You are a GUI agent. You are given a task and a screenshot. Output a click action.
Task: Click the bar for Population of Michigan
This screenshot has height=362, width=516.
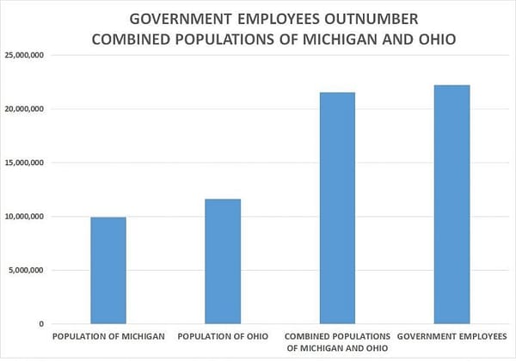tap(108, 270)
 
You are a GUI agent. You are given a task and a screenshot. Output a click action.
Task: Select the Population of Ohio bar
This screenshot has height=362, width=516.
tap(223, 261)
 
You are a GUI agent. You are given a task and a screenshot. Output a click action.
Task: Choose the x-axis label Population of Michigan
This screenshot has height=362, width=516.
tap(108, 335)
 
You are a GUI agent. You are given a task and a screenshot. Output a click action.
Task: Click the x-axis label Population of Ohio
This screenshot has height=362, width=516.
tap(223, 335)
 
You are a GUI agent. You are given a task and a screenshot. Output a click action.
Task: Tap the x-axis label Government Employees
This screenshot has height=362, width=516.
tap(451, 335)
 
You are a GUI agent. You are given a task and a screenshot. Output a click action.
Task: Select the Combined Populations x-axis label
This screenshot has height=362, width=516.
tap(337, 341)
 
